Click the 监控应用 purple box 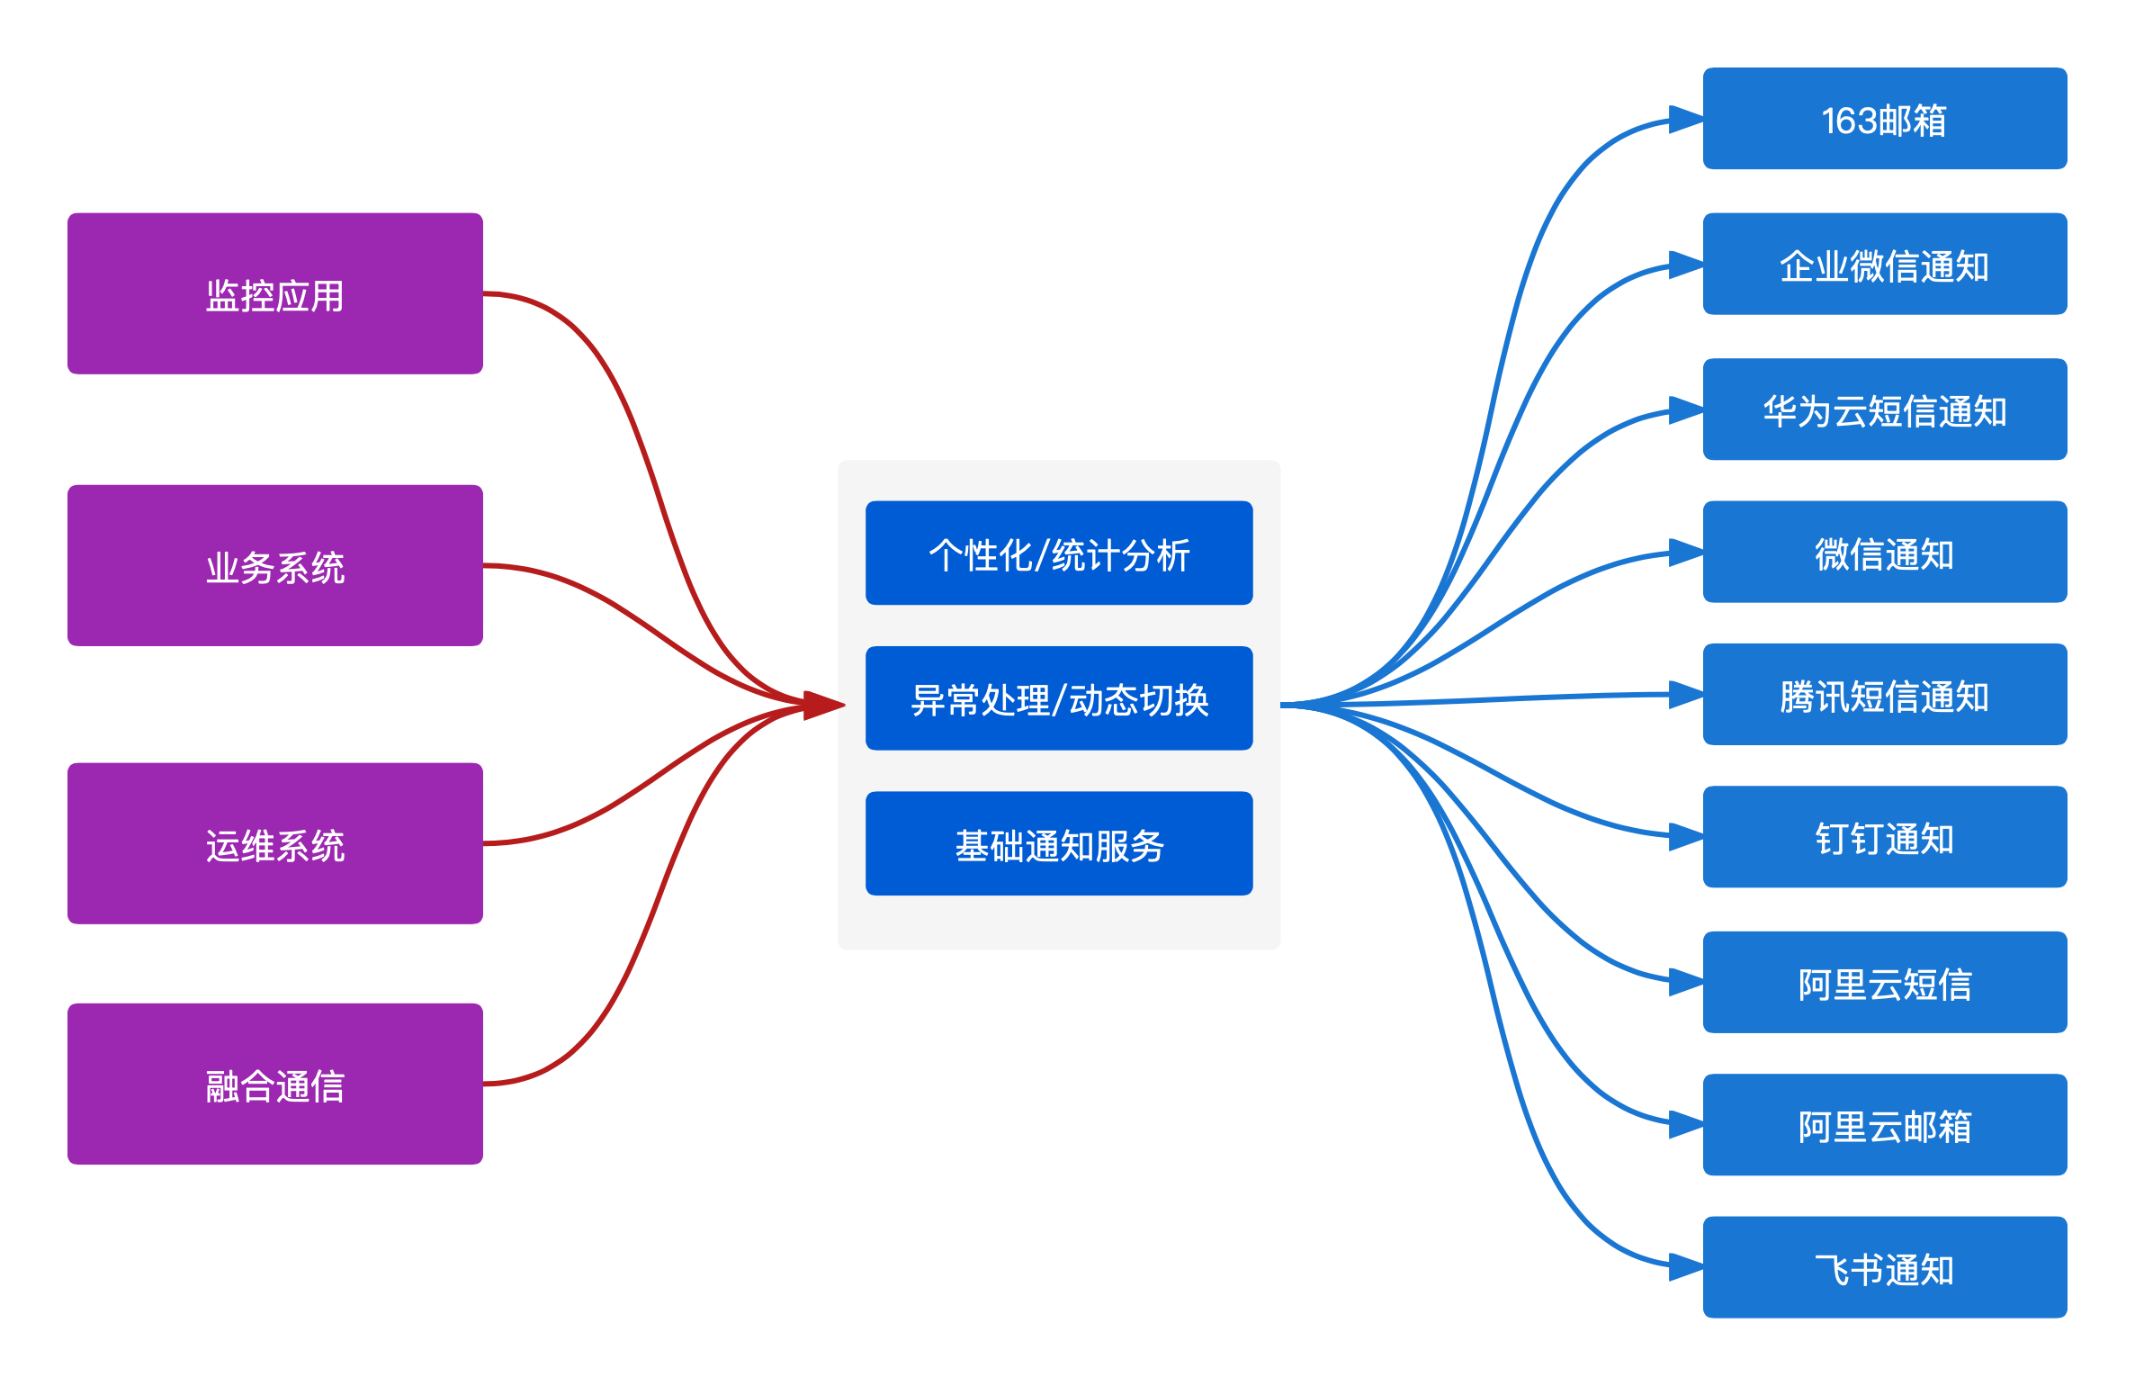coord(275,293)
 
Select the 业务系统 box coord(275,565)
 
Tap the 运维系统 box coord(275,843)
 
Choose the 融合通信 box coord(275,1084)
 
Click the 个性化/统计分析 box coord(1059,553)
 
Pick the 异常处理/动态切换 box coord(1059,698)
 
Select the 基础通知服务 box coord(1059,843)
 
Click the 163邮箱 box coord(1885,119)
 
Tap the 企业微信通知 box coord(1885,264)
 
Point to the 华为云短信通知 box coord(1885,409)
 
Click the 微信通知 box coord(1885,552)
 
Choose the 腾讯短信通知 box coord(1885,694)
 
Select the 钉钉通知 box coord(1885,837)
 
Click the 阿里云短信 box coord(1885,982)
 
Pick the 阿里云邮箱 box coord(1885,1125)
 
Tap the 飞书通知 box coord(1885,1267)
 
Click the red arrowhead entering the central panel coord(823,705)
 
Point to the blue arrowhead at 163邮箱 coord(1685,119)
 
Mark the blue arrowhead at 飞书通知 coord(1685,1267)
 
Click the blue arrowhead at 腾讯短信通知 coord(1685,694)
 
